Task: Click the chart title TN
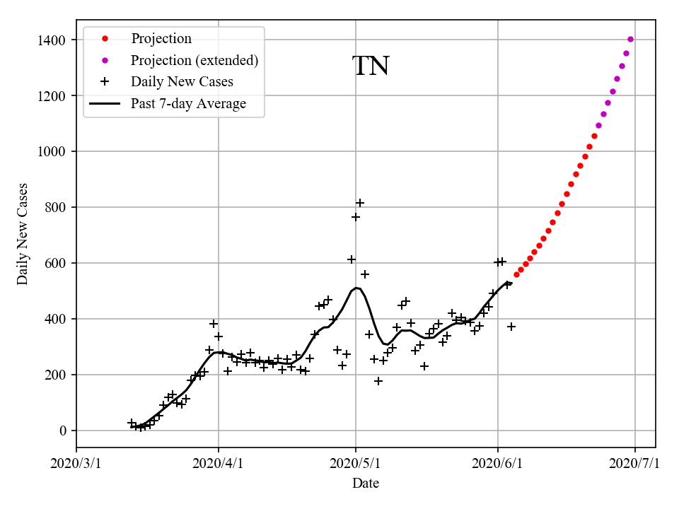point(371,66)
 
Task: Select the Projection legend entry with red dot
point(161,39)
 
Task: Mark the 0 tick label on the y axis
point(63,431)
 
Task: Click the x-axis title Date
point(366,484)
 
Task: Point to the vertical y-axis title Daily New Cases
point(23,234)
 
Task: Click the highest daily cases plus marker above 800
point(360,203)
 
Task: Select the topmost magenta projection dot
point(630,40)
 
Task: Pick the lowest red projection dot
point(516,274)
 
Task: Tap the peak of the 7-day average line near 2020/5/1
point(356,288)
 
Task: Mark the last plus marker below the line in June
point(511,327)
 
